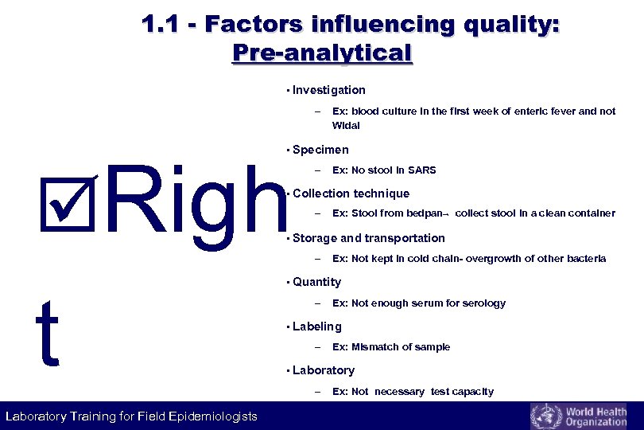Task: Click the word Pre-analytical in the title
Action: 322,53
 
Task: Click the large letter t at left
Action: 48,334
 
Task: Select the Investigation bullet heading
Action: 328,90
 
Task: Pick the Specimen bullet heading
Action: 320,150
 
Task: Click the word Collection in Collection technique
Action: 320,193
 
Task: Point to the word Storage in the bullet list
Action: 315,238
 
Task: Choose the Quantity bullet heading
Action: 316,282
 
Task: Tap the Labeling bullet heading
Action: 316,326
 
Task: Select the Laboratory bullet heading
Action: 323,370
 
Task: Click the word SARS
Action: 422,170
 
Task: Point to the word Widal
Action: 346,125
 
